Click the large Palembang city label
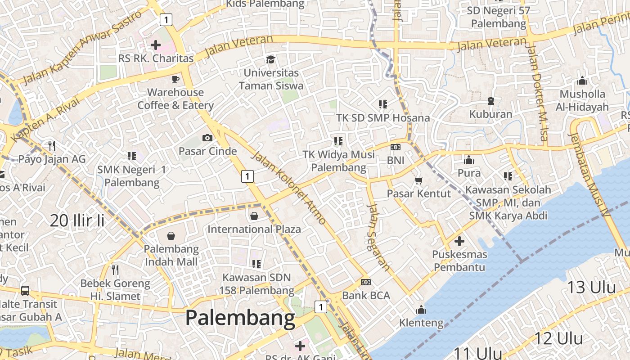(240, 319)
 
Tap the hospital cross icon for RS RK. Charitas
(156, 45)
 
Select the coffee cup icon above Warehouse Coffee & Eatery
(175, 79)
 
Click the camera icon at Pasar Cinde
(207, 138)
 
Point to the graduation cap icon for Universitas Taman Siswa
(270, 59)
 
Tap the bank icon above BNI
(396, 147)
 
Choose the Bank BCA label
(366, 296)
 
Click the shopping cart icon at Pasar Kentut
(419, 180)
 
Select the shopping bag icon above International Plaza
(254, 216)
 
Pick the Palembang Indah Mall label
(171, 255)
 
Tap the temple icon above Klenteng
(421, 310)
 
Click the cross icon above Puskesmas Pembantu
(459, 241)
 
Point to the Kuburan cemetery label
(490, 114)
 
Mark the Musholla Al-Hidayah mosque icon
(582, 81)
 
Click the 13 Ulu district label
(591, 287)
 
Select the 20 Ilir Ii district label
(77, 220)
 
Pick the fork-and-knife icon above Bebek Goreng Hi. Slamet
(115, 270)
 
